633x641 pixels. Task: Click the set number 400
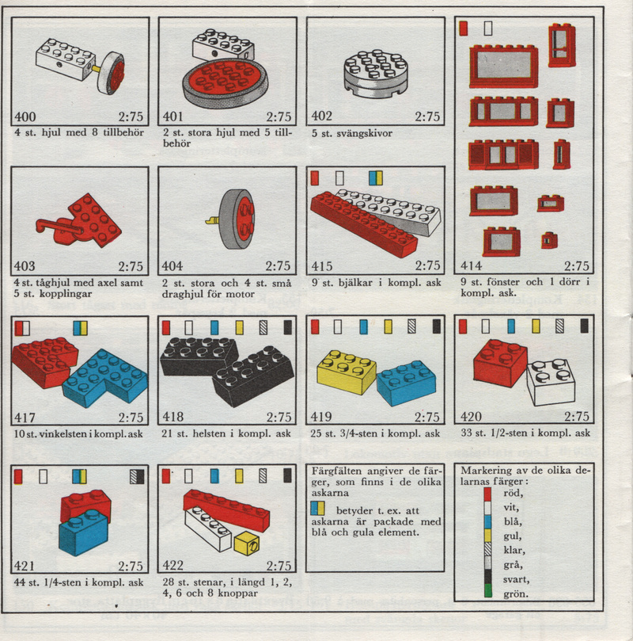[x=25, y=117]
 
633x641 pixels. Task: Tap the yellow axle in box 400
[x=97, y=68]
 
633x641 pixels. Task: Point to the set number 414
[x=472, y=266]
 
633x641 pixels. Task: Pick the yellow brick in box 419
[x=346, y=372]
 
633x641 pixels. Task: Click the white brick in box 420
[x=551, y=382]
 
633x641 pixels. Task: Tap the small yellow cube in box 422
[x=247, y=544]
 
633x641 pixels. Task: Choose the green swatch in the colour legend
[x=487, y=591]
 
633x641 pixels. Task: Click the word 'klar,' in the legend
[x=514, y=550]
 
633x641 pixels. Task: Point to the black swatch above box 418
[x=288, y=327]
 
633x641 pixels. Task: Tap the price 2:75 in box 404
[x=279, y=266]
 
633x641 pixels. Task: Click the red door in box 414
[x=562, y=45]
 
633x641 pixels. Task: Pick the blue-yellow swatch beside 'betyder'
[x=317, y=508]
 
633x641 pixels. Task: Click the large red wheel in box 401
[x=226, y=83]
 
